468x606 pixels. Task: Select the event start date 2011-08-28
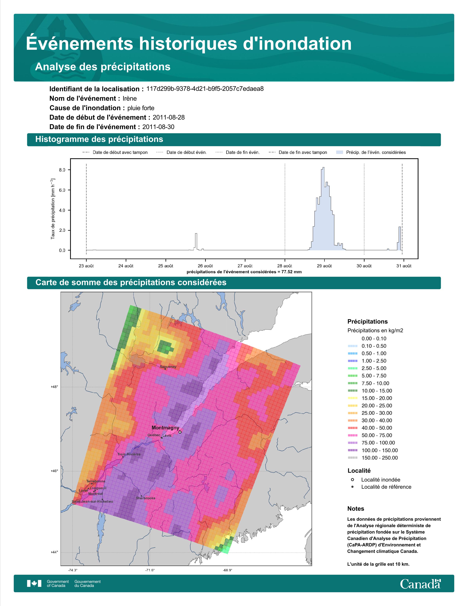(168, 117)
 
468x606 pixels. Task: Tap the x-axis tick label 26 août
(205, 266)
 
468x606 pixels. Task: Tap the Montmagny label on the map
(165, 428)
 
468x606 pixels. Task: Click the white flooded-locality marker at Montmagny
(180, 432)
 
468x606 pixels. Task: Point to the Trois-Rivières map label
(129, 454)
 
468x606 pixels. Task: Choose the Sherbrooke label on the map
(146, 498)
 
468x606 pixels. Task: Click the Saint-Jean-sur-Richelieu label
(92, 502)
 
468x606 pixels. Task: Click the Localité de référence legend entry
(386, 487)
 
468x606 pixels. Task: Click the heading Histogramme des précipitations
(99, 139)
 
